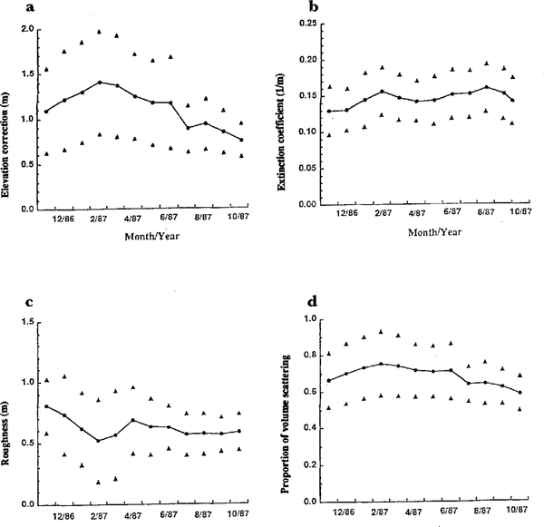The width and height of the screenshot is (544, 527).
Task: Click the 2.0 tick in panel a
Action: (x=27, y=30)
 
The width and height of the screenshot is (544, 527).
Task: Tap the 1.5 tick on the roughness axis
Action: (x=27, y=323)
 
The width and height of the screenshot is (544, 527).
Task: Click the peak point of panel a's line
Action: (x=99, y=82)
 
